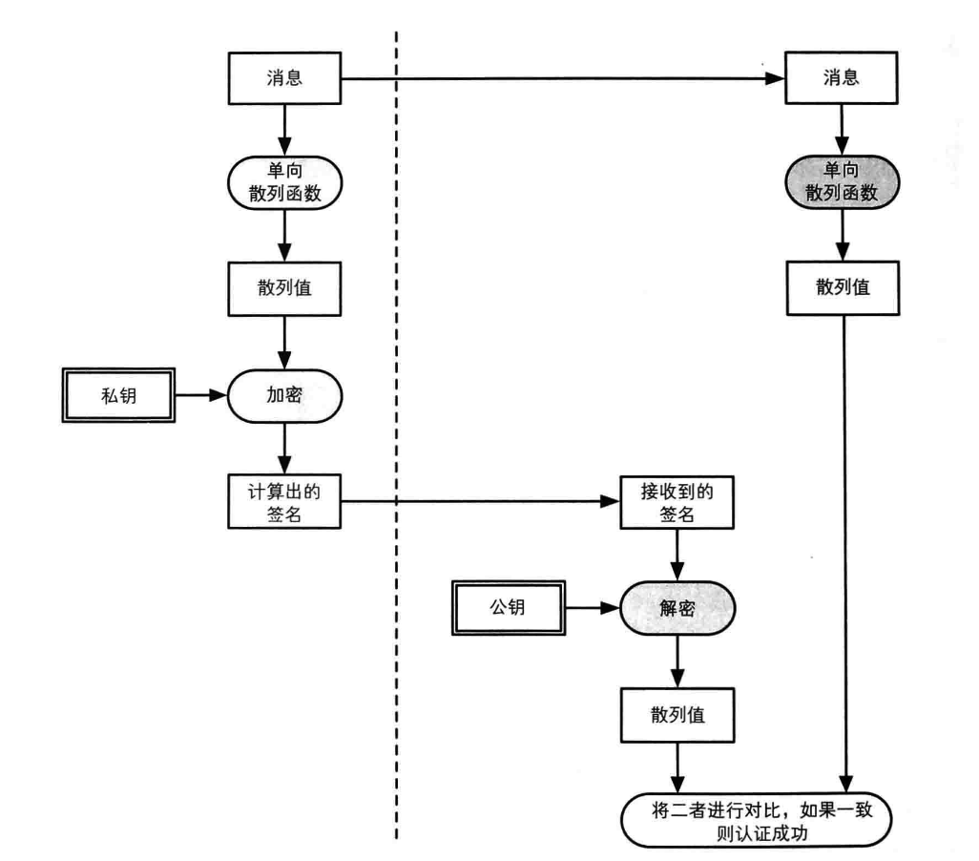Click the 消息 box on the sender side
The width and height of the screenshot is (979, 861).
[x=285, y=78]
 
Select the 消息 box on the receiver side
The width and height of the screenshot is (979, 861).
[x=841, y=78]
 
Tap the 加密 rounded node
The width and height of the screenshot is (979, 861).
[x=285, y=392]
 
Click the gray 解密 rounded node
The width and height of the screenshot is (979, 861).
[x=677, y=608]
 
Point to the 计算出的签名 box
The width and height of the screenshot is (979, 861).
[x=285, y=500]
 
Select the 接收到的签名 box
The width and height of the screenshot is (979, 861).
[x=677, y=500]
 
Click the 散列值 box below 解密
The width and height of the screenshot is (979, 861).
[x=677, y=714]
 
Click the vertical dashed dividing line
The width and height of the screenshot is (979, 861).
[x=396, y=430]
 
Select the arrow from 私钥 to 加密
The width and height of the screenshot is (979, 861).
[x=202, y=392]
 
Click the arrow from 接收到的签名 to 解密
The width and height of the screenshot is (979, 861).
[x=677, y=555]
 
